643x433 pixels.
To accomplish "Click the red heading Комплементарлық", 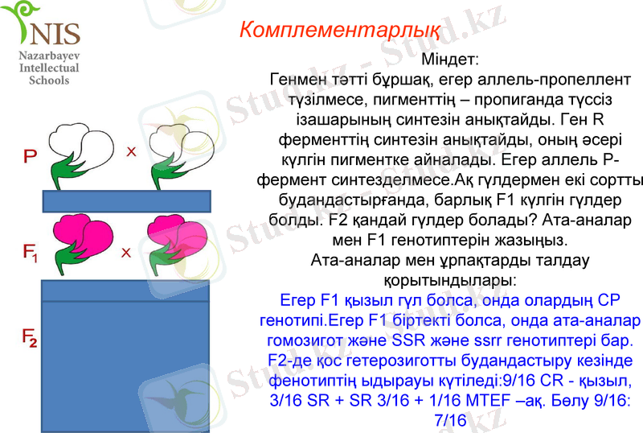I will point(339,30).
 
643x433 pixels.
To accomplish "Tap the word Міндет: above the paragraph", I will point(450,60).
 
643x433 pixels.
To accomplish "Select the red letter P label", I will point(30,155).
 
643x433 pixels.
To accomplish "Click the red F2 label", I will point(30,340).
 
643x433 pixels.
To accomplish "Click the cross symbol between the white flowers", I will point(131,151).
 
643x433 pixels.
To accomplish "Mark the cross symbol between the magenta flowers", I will point(125,253).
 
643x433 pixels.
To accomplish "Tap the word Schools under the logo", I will point(49,80).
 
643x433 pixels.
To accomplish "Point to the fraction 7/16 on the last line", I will point(450,420).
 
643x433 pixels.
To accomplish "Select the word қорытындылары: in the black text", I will point(449,280).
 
